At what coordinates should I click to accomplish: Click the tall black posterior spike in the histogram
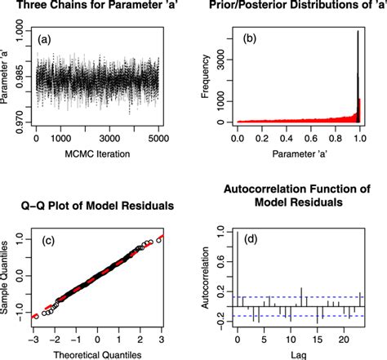(x=358, y=73)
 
